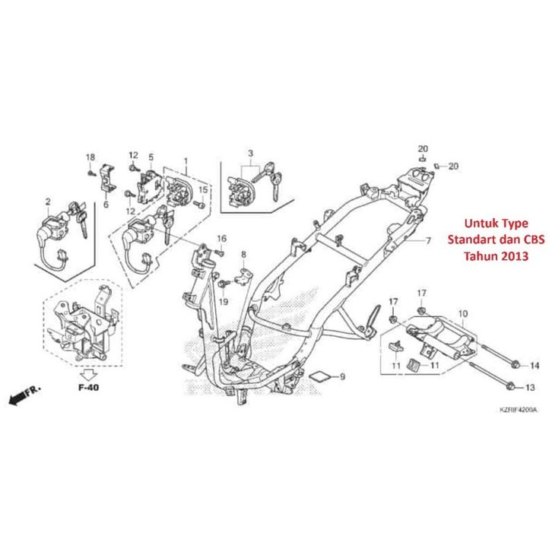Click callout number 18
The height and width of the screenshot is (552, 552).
(x=90, y=157)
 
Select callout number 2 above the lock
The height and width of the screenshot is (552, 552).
(x=47, y=201)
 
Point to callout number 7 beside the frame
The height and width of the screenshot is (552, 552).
(x=449, y=241)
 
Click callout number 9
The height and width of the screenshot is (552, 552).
(x=342, y=376)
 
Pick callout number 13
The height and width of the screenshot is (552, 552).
(x=531, y=388)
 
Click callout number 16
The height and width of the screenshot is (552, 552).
(x=223, y=239)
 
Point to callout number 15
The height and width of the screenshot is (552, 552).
(x=203, y=189)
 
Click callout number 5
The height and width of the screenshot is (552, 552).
(x=151, y=157)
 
